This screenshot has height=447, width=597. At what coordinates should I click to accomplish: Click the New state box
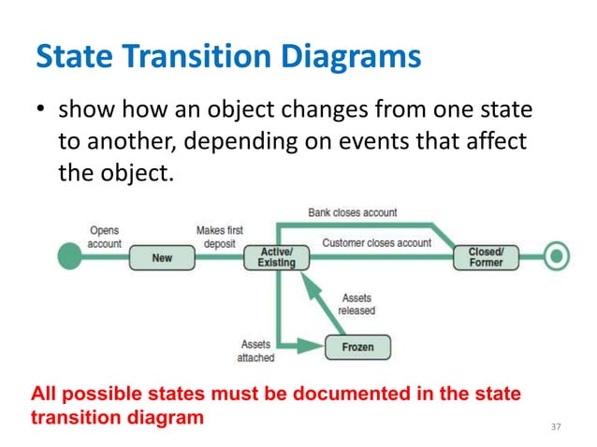tap(162, 257)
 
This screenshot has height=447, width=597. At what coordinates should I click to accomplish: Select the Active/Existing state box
tap(276, 257)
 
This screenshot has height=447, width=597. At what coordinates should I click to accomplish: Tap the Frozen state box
tap(357, 346)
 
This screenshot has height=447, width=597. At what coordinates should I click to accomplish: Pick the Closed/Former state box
tap(485, 256)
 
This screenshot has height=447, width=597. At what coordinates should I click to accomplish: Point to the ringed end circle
tap(557, 256)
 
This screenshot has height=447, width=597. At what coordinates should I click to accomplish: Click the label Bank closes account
tap(353, 213)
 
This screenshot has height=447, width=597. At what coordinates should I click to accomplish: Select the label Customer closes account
tap(376, 242)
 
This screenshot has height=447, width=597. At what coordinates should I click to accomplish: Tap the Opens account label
tap(104, 237)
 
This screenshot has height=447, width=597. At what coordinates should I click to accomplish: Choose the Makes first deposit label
tap(220, 237)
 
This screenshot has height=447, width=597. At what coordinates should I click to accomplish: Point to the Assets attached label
tap(255, 351)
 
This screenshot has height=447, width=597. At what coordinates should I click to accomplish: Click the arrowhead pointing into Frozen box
tap(313, 346)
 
